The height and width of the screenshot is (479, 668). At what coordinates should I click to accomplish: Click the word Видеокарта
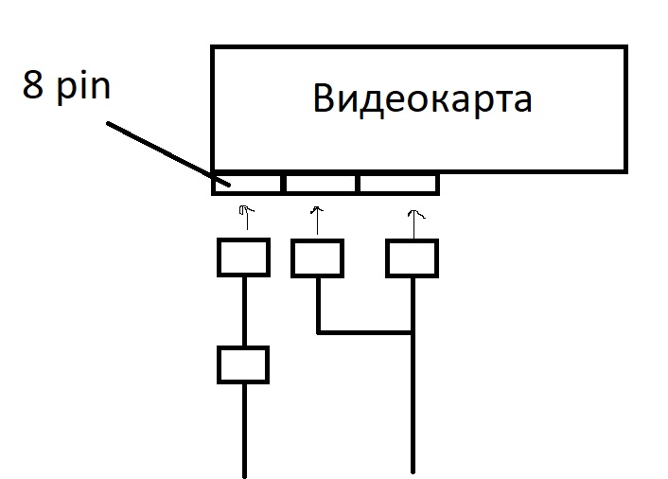[422, 99]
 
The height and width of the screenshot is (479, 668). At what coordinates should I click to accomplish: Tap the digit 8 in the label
[33, 87]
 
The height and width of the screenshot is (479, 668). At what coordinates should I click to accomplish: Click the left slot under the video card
[248, 182]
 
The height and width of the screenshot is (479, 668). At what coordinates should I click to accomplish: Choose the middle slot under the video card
[321, 182]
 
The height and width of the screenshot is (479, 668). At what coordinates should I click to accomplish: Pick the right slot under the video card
[397, 182]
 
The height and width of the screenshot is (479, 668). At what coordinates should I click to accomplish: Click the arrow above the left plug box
[245, 217]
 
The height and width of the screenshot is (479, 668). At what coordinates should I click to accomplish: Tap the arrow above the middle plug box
[317, 219]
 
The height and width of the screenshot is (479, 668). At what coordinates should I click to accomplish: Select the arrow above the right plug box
[412, 219]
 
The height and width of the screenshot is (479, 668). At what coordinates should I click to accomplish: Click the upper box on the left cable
[244, 257]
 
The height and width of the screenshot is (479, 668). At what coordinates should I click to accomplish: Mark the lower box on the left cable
[243, 364]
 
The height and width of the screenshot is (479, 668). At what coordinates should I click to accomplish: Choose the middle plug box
[317, 257]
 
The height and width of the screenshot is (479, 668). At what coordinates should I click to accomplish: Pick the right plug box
[412, 257]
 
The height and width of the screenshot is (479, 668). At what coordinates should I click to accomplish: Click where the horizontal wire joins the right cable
[413, 332]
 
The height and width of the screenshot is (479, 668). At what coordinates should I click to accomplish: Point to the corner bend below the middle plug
[318, 332]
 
